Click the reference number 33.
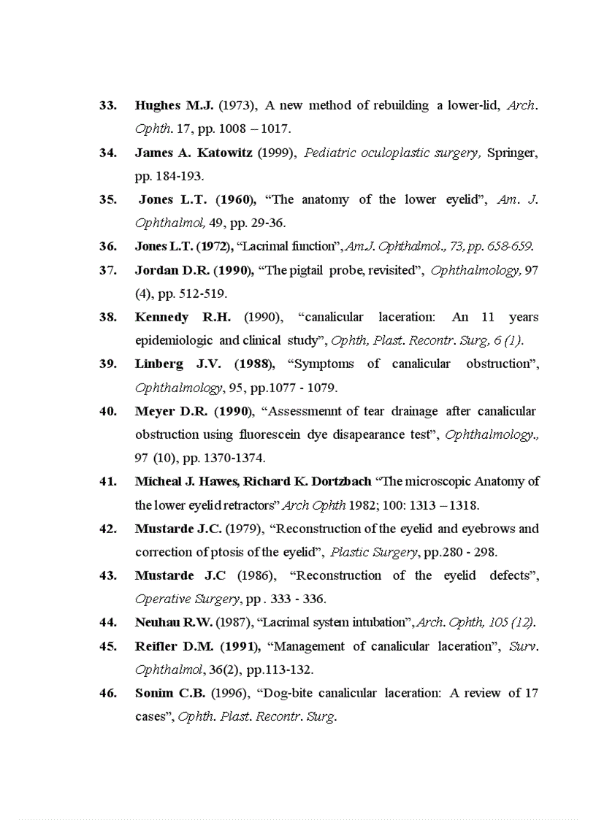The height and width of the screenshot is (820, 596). click(107, 106)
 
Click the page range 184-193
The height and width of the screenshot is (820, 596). click(180, 176)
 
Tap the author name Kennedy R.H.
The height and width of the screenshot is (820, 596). click(183, 317)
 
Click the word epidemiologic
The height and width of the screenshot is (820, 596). click(175, 340)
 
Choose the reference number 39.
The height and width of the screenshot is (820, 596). click(107, 364)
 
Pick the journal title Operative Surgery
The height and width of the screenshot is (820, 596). click(187, 599)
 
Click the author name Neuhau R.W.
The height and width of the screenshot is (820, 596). click(173, 623)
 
